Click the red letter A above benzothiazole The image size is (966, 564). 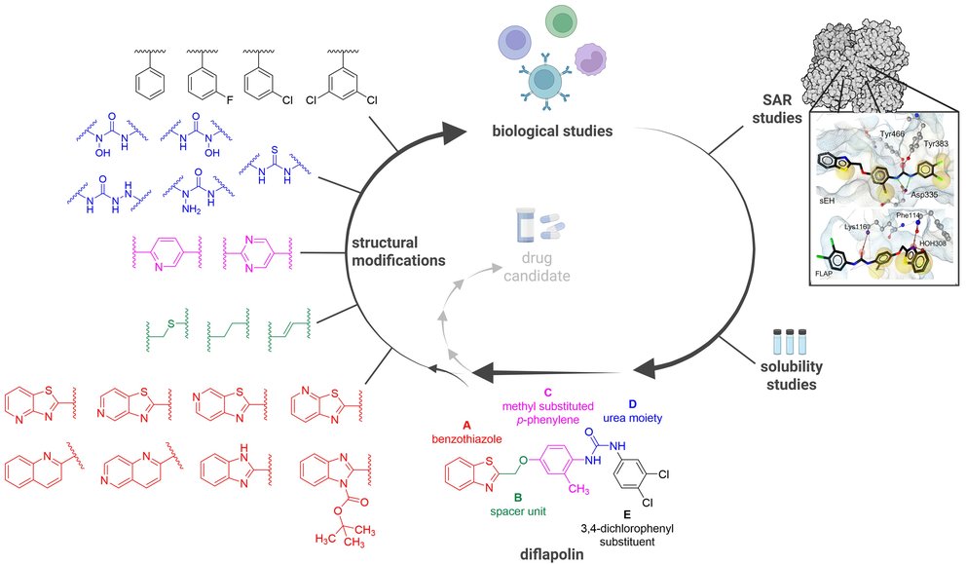coord(466,425)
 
